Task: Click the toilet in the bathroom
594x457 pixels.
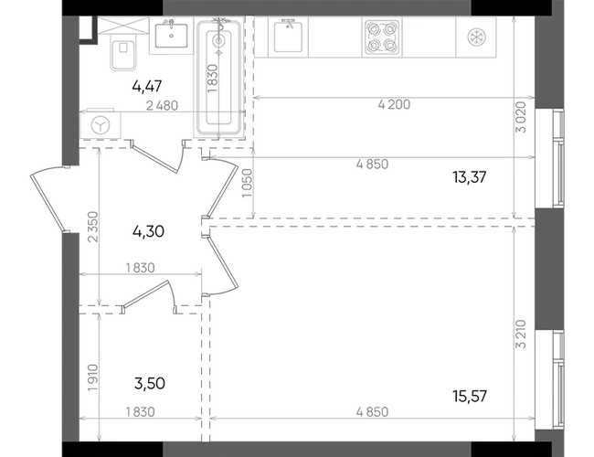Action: point(123,53)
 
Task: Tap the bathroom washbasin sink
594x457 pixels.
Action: point(171,36)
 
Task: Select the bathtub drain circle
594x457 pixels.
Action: point(218,40)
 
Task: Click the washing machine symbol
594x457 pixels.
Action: point(101,124)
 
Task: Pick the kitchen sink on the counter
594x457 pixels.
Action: point(288,37)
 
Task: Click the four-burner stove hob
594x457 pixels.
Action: point(382,37)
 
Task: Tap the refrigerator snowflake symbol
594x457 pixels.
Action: point(476,37)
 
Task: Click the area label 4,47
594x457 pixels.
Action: point(147,86)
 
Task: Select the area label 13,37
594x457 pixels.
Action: point(470,177)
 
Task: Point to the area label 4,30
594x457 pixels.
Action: point(148,231)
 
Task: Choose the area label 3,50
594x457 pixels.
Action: point(150,384)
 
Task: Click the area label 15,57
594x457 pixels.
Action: point(470,397)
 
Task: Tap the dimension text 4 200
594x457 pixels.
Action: point(394,104)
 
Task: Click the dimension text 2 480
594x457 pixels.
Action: point(162,105)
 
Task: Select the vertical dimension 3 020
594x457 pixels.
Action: point(522,117)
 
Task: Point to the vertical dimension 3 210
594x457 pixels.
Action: point(522,334)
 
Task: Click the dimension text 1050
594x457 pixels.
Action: point(247,183)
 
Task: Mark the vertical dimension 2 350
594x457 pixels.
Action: point(93,227)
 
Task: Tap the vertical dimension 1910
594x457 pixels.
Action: point(93,378)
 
